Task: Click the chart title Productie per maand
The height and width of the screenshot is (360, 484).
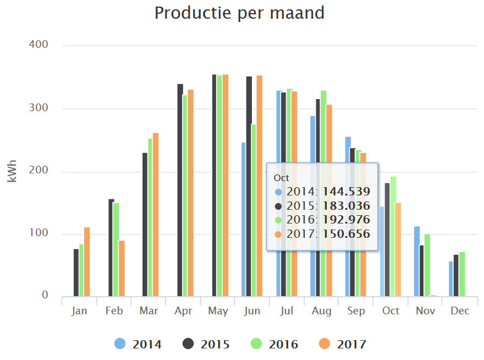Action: (x=239, y=13)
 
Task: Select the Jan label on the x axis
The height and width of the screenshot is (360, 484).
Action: (x=79, y=311)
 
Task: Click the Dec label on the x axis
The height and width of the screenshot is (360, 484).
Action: (x=460, y=311)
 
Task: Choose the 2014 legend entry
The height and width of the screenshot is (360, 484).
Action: (x=138, y=345)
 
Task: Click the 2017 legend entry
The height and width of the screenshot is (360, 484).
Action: (x=343, y=345)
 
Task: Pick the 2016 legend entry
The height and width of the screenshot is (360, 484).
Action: (x=274, y=345)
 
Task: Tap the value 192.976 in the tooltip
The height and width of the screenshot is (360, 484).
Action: (x=346, y=220)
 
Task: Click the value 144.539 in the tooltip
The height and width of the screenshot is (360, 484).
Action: (x=346, y=192)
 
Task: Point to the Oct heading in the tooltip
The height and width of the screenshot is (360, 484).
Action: (x=281, y=178)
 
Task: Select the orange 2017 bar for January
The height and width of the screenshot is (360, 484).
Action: (x=87, y=262)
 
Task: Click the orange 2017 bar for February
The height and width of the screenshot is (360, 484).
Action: (x=122, y=269)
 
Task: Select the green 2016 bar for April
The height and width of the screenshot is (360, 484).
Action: (x=185, y=195)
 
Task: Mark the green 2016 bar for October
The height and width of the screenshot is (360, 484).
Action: (x=393, y=237)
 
